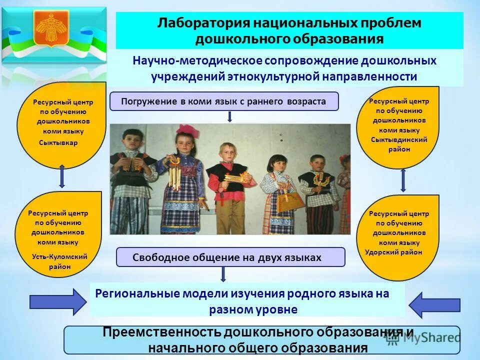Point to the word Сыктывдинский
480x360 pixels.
pos(398,139)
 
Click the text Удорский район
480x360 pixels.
pos(393,252)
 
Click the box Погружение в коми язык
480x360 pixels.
pos(223,101)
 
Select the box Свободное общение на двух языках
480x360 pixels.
pos(230,257)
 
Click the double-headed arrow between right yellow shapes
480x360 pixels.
pos(403,179)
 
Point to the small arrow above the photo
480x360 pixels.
pos(229,116)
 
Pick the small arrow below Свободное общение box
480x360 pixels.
pos(223,273)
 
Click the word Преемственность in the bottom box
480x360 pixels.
pos(161,333)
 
